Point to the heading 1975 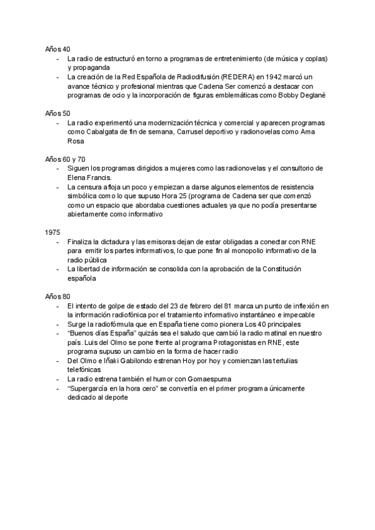click(x=52, y=232)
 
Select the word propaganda click(x=89, y=67)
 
